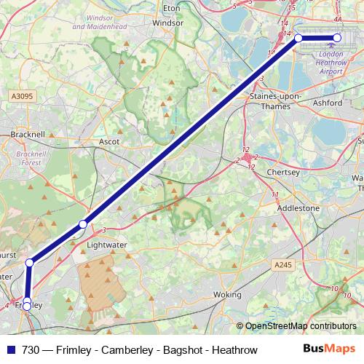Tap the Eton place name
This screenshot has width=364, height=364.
point(172,8)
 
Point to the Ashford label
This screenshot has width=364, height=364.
point(328,103)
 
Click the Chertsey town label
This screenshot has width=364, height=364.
point(284,173)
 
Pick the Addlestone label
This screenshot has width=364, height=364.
point(298,207)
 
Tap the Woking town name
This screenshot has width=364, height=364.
point(226,295)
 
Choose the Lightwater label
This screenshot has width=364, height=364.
point(107,245)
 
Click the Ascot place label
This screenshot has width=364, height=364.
point(108,142)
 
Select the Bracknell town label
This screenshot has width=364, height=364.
point(28,135)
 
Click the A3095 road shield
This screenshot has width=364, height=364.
point(22,95)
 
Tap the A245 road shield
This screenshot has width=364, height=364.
point(283,264)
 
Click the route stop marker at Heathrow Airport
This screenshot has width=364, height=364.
point(337,38)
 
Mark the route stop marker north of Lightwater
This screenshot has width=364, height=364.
point(83,223)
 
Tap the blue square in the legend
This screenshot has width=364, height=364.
point(10,349)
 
